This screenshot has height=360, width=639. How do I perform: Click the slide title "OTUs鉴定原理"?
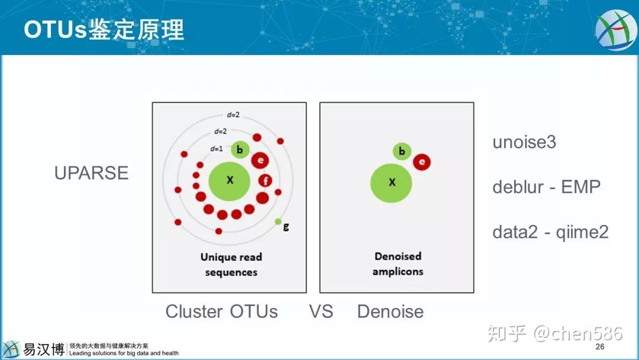104,29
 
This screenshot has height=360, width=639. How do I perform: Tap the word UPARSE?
91,173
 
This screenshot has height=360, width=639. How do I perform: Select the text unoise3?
524,142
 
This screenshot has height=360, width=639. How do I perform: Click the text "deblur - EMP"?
546,187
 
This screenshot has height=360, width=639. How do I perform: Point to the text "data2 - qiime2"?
550,232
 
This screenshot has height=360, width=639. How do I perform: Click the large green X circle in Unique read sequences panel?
230,180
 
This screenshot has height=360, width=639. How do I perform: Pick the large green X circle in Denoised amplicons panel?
392,183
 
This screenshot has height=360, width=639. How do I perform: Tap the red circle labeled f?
265,181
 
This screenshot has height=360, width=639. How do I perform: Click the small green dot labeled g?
278,221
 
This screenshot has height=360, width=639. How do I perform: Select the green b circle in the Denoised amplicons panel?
402,151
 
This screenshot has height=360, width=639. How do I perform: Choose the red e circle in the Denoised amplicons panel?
422,162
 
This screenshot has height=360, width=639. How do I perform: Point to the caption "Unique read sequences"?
231,265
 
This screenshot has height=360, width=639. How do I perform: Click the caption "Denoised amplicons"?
398,264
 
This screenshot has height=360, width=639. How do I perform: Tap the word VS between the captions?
321,311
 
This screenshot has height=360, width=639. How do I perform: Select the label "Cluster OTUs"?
221,311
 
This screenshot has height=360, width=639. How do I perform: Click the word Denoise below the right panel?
390,311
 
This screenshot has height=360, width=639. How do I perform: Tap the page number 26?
600,347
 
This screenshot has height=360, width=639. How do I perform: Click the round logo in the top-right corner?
616,30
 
